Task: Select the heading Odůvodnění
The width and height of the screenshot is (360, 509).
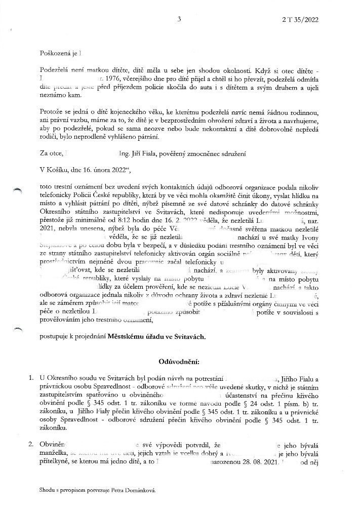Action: [180, 362]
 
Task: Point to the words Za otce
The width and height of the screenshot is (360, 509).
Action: [50, 151]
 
